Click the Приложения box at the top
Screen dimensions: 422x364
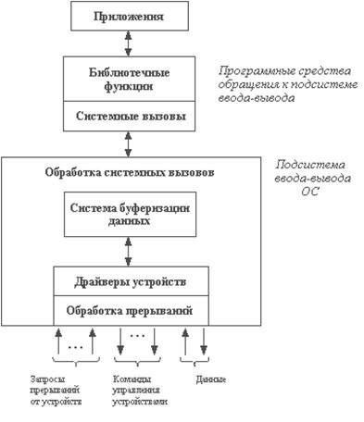(x=130, y=17)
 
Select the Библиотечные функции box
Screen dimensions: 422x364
(x=130, y=79)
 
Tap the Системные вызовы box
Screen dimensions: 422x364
(x=130, y=118)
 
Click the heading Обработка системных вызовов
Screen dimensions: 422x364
(x=130, y=171)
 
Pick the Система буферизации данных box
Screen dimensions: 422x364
(x=130, y=215)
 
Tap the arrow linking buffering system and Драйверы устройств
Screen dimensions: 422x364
(x=130, y=250)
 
